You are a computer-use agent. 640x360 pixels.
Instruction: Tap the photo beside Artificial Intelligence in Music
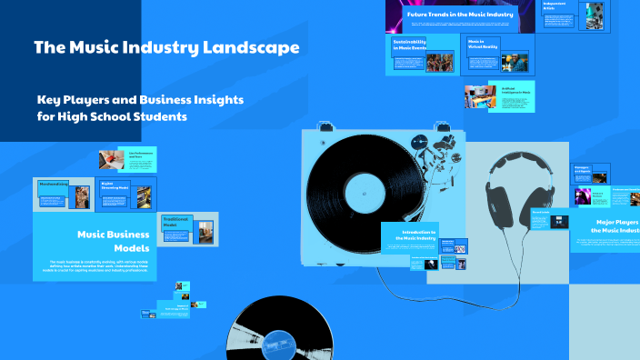click(x=480, y=95)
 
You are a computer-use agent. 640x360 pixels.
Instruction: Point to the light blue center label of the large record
click(x=365, y=193)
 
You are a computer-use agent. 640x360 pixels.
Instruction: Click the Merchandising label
click(x=55, y=184)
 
